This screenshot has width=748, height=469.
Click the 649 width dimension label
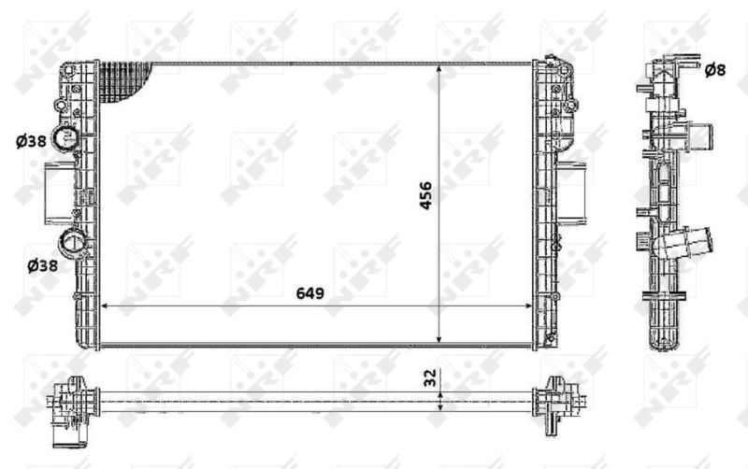(x=309, y=292)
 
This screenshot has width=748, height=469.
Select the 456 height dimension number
(x=424, y=194)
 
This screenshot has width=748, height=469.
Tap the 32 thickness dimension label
(x=430, y=377)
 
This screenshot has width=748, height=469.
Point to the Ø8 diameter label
(x=714, y=69)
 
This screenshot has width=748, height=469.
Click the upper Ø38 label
(x=31, y=141)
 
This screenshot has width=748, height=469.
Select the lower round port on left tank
(x=74, y=247)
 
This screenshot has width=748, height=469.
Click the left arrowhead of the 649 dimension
(x=104, y=305)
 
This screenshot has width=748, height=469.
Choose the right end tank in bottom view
(x=558, y=398)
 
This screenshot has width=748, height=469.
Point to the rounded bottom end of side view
(x=666, y=339)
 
